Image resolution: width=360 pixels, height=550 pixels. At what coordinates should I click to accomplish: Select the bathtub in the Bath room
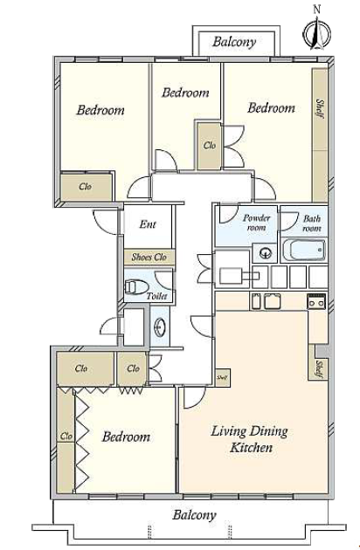tap(304, 250)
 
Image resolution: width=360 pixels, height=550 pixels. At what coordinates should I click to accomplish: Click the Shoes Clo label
tap(149, 258)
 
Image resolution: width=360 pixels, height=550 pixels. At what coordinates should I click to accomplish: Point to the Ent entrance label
tap(148, 224)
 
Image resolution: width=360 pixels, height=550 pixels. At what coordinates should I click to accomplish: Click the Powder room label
tap(257, 223)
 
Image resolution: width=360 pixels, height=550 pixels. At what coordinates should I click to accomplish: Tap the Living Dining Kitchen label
tap(250, 438)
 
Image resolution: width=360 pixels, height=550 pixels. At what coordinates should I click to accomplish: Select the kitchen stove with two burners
tap(316, 302)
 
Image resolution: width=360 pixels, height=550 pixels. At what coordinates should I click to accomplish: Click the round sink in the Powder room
tap(265, 252)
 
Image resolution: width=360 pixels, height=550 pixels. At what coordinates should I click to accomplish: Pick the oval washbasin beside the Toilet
tap(160, 327)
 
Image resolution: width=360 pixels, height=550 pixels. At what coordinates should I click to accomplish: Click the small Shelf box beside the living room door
tap(223, 377)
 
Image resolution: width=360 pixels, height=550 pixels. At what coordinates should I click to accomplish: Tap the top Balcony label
tap(234, 42)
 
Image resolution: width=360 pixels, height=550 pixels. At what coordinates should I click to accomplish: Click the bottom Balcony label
tap(194, 515)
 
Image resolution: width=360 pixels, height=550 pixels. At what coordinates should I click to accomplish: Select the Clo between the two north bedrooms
tap(210, 145)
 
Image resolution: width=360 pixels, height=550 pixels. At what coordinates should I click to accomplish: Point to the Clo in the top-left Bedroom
tap(86, 187)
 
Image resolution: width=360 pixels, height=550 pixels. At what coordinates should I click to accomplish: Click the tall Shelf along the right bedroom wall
tap(320, 135)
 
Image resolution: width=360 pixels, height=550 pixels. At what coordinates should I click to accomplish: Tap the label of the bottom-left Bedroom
tap(126, 437)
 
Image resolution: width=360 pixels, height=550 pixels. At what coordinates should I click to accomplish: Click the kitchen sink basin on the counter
tap(273, 302)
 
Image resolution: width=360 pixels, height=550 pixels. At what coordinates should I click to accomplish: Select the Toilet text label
tap(156, 296)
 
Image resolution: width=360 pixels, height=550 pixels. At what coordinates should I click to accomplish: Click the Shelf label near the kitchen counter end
tap(319, 369)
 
